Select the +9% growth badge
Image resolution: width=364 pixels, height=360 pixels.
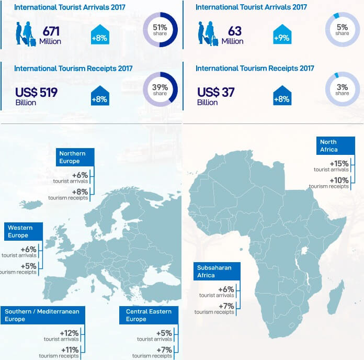point(282,34)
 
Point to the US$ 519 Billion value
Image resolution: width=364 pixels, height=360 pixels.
point(37,96)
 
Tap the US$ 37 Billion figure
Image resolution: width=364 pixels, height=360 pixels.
point(215,96)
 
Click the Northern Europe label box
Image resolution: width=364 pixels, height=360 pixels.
point(75,157)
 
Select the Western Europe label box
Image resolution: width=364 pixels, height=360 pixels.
point(24,231)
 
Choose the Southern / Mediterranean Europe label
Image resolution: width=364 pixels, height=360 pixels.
point(43,315)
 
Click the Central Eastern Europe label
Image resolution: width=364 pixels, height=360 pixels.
point(149,315)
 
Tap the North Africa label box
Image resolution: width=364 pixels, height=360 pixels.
point(336,145)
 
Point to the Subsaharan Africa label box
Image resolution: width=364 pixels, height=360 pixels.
point(217,271)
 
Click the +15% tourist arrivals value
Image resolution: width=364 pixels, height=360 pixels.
point(339,163)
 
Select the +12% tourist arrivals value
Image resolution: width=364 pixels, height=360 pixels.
point(69,333)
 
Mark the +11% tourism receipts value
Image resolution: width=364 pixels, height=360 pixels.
point(70,350)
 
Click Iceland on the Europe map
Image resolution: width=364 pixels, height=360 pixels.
point(31,205)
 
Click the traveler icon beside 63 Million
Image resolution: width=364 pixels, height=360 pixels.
point(208,33)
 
